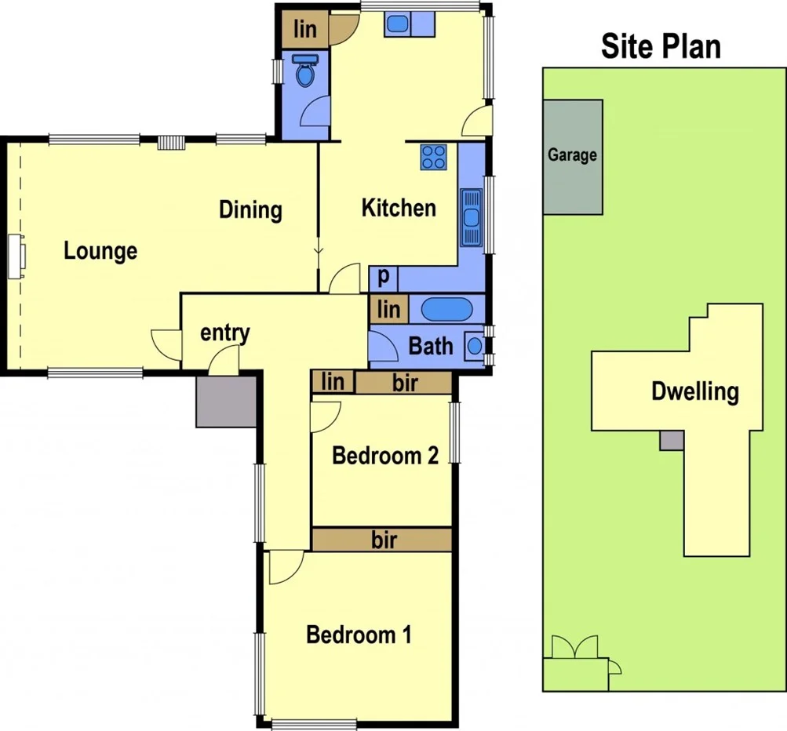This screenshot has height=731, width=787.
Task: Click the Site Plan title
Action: (x=661, y=46)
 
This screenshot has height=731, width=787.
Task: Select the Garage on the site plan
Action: (x=573, y=156)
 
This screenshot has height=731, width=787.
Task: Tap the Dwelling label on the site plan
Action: (x=695, y=391)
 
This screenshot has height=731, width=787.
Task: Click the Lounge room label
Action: (x=100, y=252)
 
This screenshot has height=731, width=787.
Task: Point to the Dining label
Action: (x=250, y=210)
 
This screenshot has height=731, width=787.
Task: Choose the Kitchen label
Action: (x=398, y=208)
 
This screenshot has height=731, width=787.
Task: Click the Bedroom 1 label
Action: (x=359, y=635)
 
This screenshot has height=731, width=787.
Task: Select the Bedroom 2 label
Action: (x=385, y=456)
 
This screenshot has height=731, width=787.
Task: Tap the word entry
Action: (x=224, y=333)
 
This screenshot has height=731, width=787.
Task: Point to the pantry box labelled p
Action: (x=384, y=278)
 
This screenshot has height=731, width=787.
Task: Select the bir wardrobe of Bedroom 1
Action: (x=382, y=540)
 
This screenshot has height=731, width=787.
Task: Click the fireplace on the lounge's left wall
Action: (x=17, y=256)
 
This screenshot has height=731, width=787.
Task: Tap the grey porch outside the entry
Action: (x=226, y=401)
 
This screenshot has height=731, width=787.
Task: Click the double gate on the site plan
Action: (x=574, y=647)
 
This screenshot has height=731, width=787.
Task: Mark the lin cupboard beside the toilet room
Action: (x=305, y=30)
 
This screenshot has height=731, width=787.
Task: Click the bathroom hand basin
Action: (x=475, y=346)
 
